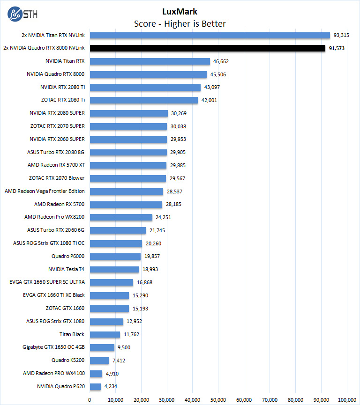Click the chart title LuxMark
180,12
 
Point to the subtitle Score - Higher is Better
180,23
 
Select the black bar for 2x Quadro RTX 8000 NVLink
207,48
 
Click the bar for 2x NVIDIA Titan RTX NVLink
210,35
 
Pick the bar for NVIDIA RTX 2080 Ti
145,87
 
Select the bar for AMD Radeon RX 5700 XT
128,165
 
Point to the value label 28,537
175,191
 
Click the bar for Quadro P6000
115,256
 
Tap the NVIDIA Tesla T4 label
66,269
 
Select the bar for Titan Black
105,334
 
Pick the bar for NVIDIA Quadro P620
95,386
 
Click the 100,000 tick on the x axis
346,399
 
